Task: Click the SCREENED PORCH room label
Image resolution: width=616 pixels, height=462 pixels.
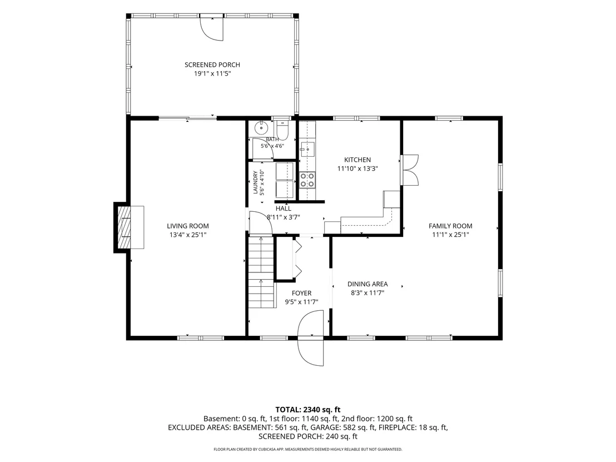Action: coord(212,65)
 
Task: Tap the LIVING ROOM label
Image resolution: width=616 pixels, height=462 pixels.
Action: coord(188,226)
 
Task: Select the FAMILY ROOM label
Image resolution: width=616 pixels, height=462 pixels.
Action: coord(450,226)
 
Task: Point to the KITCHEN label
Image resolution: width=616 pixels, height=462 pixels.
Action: coord(357,160)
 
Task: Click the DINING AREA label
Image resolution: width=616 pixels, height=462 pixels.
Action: coord(367,284)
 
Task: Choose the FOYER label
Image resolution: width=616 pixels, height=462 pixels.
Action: coord(301,293)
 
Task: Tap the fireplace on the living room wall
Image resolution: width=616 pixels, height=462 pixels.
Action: coord(129,227)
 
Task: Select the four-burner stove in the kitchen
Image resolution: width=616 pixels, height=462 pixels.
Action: coord(307,180)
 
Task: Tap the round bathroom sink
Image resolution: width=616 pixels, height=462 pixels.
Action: coord(261,128)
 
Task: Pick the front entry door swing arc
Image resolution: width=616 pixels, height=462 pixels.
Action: coord(310,338)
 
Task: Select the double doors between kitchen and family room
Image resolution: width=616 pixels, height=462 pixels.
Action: coord(410,170)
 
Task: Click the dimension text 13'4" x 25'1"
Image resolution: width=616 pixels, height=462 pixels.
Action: coord(188,235)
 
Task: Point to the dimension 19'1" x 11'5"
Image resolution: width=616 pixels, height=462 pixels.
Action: coord(212,73)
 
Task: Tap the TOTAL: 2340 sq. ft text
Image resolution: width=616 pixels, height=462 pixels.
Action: coord(307,410)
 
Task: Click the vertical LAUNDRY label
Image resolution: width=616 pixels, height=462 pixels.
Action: coord(255,182)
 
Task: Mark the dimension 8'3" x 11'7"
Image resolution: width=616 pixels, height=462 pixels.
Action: coord(367,292)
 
